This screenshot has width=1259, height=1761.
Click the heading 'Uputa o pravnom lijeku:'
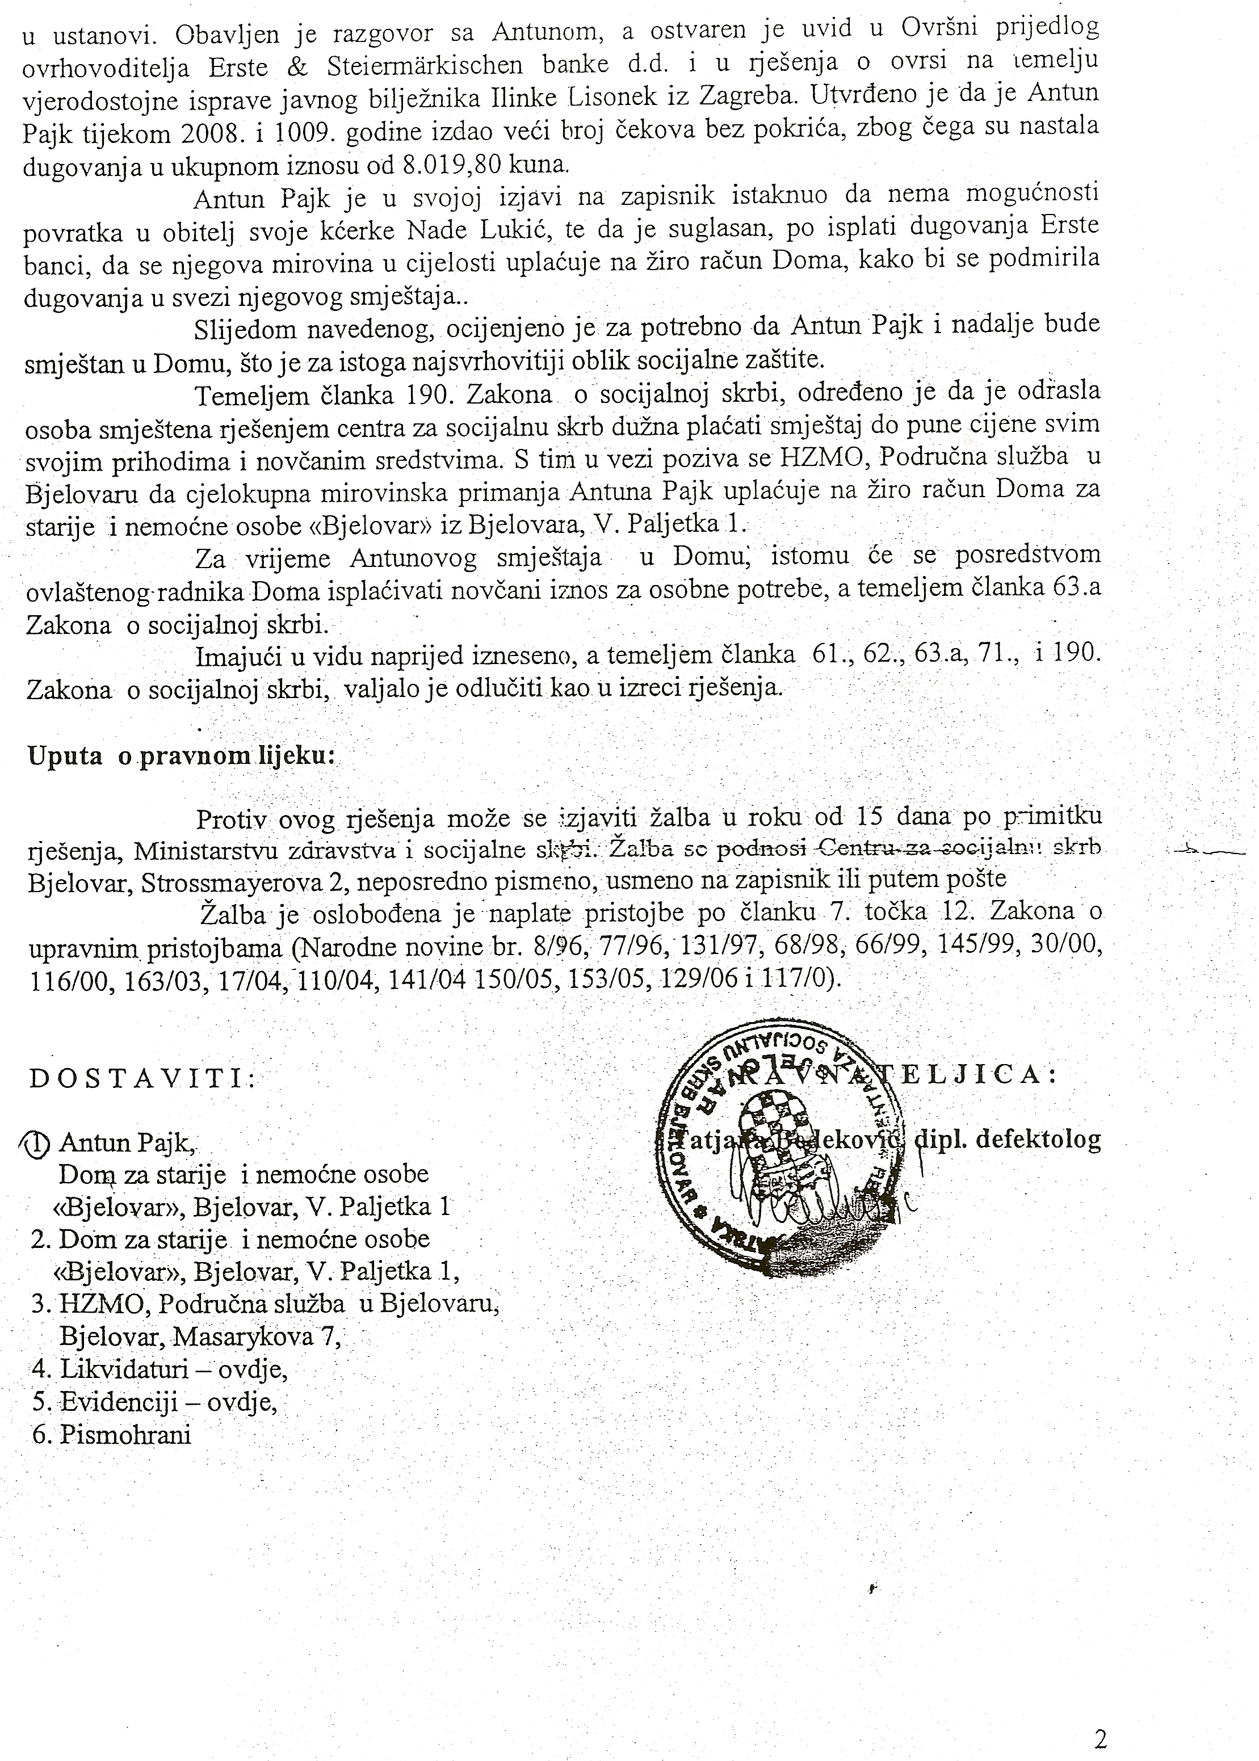click(181, 756)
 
